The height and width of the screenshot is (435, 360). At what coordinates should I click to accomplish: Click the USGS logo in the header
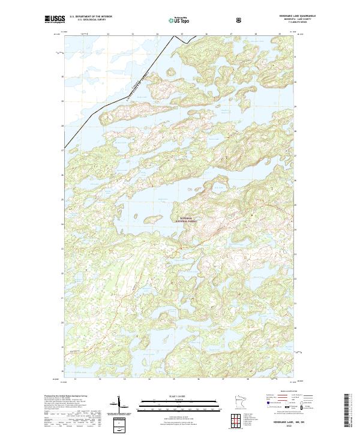pos(55,20)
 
